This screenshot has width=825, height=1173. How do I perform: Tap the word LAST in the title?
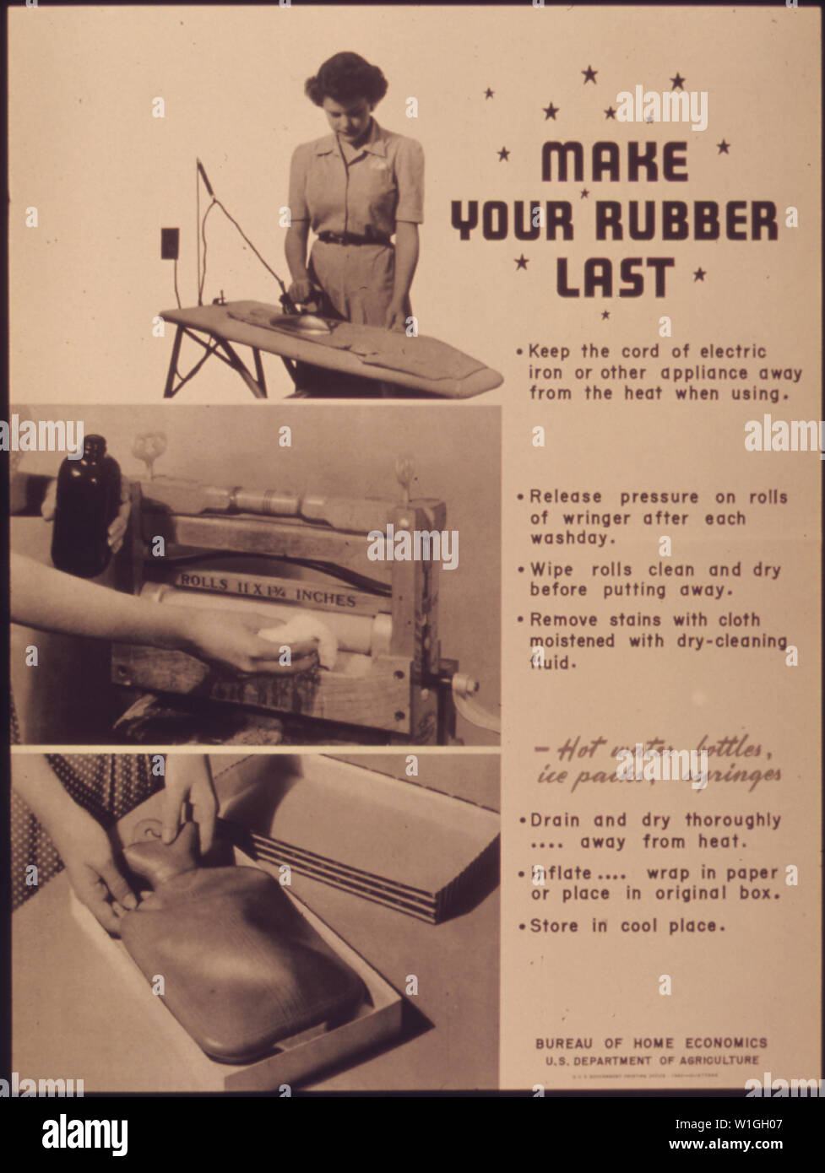(x=615, y=277)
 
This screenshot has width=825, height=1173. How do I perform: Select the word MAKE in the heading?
(x=615, y=162)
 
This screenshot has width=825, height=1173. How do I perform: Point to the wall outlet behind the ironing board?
(x=169, y=243)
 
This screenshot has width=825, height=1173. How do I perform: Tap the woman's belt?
(x=354, y=239)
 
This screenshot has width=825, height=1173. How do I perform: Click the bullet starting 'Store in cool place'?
(x=627, y=926)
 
